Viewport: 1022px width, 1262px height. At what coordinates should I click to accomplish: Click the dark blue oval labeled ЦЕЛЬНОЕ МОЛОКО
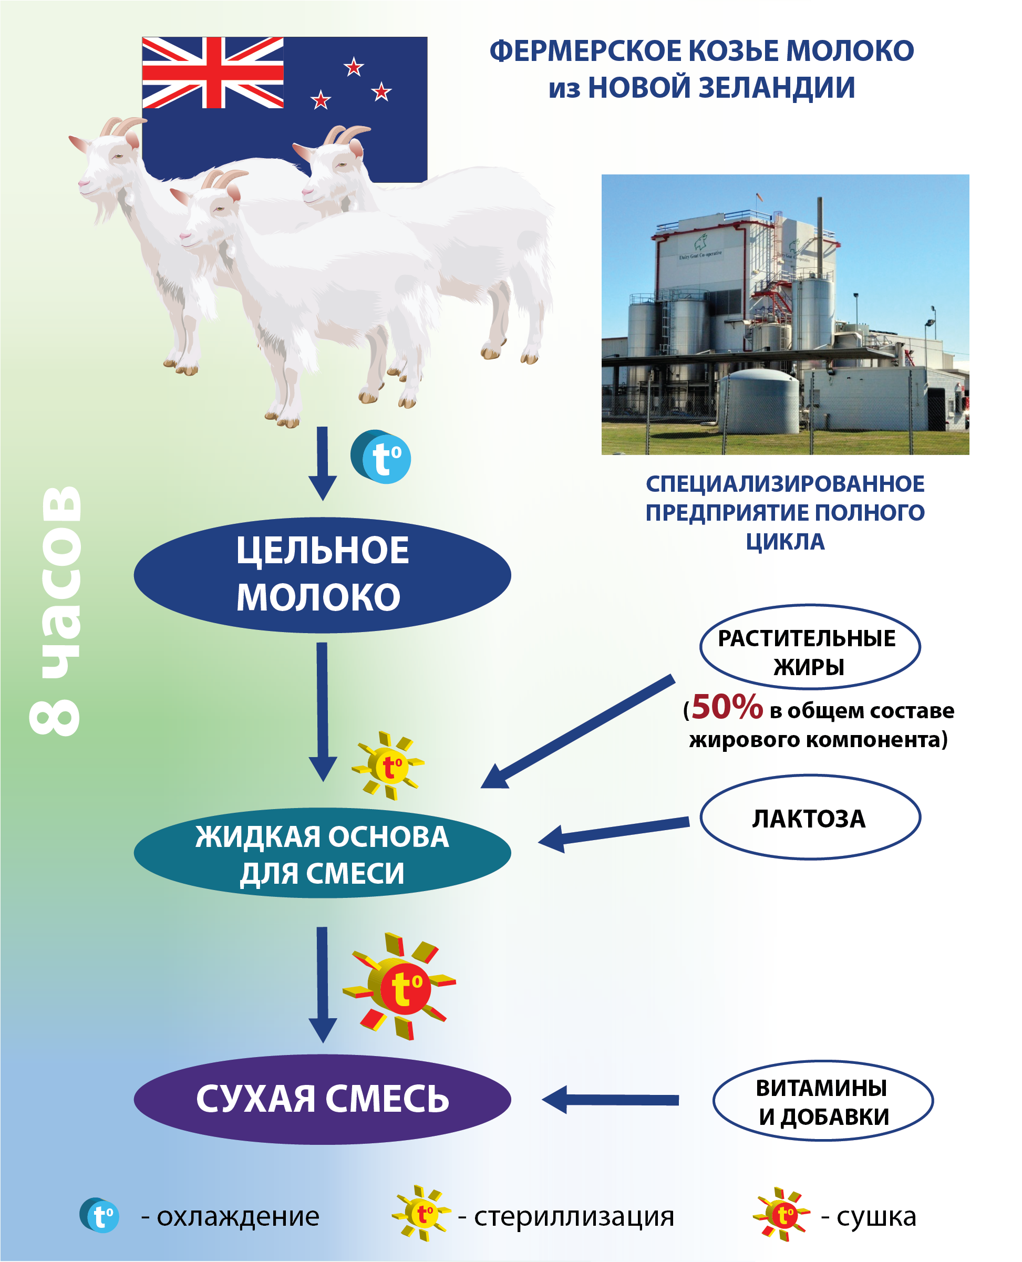coord(322,575)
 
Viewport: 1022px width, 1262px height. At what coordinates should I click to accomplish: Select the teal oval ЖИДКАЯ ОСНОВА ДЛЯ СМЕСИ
coord(322,853)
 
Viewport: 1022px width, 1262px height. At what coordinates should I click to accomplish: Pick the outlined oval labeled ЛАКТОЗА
coord(810,818)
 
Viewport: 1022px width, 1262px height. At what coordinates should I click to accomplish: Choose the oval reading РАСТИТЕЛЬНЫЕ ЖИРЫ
coord(810,647)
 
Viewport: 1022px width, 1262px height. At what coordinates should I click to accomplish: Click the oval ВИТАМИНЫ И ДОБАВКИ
coord(823,1101)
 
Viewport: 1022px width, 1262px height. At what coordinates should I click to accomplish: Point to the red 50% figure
coord(727,707)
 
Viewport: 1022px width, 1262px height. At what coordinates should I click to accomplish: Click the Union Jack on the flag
coord(212,73)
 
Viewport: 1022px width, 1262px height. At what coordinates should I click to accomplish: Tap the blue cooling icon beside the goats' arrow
coord(380,457)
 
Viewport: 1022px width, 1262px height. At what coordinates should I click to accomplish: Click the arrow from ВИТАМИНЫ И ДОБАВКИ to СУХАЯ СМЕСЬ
coord(611,1100)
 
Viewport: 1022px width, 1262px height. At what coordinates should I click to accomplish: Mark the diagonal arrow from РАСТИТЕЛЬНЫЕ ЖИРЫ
coord(577,732)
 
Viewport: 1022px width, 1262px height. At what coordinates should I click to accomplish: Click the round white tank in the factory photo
coord(758,398)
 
